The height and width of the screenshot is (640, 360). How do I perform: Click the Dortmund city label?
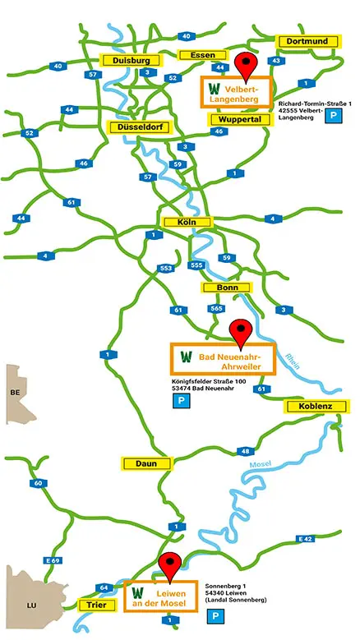[309, 41]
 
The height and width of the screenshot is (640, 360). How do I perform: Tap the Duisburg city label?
[127, 61]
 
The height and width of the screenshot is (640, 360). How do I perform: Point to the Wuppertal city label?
[240, 120]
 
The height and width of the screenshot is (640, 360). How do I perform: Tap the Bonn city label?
[226, 288]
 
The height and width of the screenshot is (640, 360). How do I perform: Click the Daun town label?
[147, 463]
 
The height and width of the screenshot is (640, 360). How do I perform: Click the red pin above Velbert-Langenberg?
[245, 64]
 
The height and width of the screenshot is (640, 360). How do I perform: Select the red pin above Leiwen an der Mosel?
[170, 567]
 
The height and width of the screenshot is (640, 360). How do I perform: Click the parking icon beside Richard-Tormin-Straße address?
[335, 117]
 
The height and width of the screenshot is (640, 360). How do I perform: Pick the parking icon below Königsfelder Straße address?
[178, 401]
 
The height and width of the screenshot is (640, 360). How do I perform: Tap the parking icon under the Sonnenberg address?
[215, 615]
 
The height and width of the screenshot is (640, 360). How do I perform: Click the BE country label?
[14, 393]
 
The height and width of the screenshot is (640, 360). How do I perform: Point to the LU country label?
[32, 605]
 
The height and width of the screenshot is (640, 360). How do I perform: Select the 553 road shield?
[166, 268]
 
